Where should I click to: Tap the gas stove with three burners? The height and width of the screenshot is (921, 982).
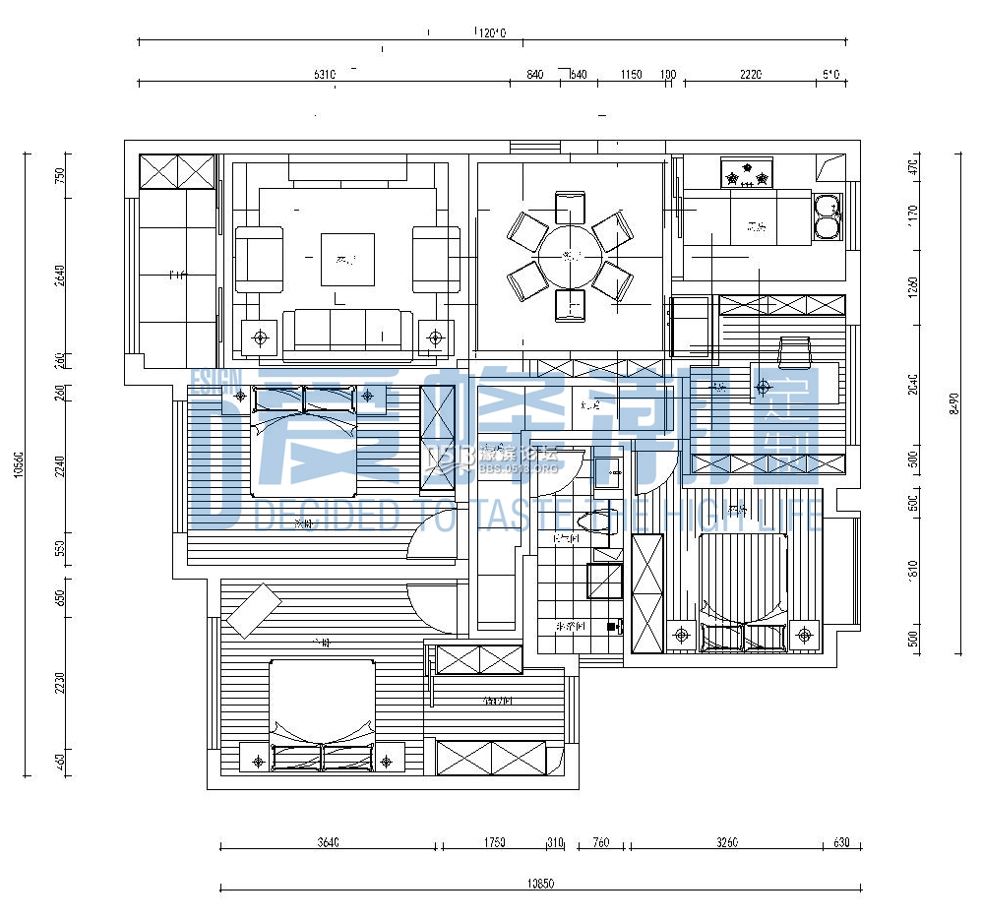click(x=747, y=172)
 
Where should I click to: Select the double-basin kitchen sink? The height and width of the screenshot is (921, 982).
click(x=827, y=216)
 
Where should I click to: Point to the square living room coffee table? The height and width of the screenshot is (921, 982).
click(x=346, y=260)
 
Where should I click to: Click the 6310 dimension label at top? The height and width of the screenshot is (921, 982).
click(x=325, y=75)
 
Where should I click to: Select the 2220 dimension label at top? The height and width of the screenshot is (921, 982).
click(x=751, y=75)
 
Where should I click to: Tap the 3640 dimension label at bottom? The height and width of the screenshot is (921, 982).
click(x=328, y=843)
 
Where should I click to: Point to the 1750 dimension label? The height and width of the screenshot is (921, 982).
click(x=494, y=843)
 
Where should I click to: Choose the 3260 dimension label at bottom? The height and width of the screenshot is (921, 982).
click(x=727, y=843)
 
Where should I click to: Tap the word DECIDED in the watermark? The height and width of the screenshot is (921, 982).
click(x=326, y=515)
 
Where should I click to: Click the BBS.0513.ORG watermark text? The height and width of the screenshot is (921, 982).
click(x=519, y=469)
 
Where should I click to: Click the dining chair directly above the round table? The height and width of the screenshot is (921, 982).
click(x=570, y=208)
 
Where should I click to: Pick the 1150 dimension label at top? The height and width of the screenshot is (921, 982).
click(x=631, y=75)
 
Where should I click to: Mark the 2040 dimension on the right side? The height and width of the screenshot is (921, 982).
click(x=912, y=385)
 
